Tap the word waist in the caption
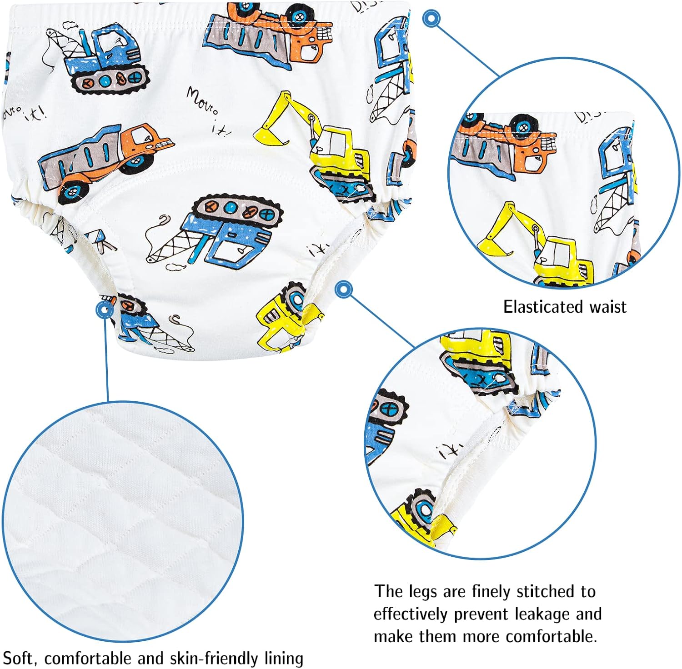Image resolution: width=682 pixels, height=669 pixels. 608,307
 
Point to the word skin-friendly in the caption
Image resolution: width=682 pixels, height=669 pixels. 214,659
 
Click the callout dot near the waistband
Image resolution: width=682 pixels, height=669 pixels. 431,19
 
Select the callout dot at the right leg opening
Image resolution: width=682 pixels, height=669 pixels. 344,289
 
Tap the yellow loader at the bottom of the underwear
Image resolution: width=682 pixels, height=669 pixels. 284,318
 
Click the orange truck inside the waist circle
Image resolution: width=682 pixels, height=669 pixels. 505,141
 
